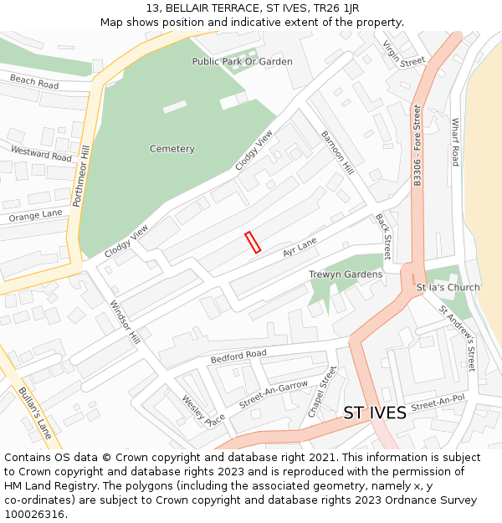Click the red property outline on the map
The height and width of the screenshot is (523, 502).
coord(253,242)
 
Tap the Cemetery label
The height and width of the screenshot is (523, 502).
coord(172,149)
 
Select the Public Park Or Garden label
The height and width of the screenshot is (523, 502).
coord(243,61)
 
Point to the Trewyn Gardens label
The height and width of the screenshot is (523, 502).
coord(346,274)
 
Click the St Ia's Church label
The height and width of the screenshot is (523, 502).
coord(448,287)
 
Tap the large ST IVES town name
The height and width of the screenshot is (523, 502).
coord(375,413)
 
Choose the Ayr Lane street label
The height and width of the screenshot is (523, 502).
coord(300,248)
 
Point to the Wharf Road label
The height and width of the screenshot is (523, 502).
coord(455,141)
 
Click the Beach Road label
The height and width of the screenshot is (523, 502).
coord(34,81)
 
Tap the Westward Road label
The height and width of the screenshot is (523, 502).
coord(41,153)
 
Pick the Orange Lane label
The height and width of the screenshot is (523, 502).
coord(36,216)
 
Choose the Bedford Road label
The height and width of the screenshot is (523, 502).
coord(238,356)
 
